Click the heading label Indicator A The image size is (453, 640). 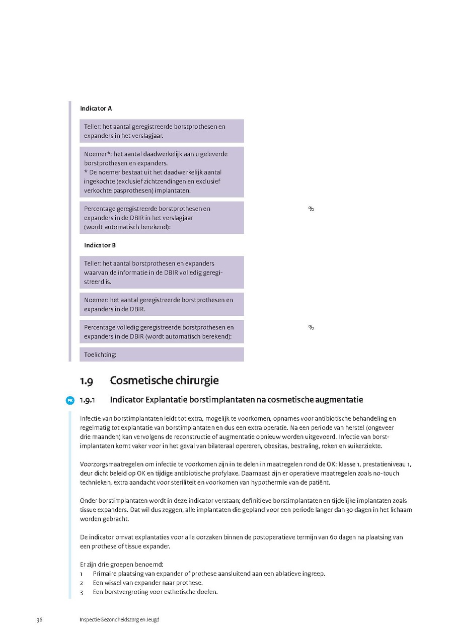[96, 108]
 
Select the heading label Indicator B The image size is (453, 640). [100, 245]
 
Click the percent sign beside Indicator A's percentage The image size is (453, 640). [311, 209]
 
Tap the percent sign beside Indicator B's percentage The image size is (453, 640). [311, 328]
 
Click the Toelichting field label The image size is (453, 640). [100, 354]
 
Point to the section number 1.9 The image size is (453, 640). [86, 381]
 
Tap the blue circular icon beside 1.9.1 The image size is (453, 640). [70, 400]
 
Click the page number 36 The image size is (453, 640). [39, 619]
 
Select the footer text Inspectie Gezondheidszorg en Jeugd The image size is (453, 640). [119, 619]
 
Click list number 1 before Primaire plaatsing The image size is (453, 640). [82, 574]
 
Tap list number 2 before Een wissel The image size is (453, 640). [82, 583]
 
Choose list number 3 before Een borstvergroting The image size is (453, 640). [82, 592]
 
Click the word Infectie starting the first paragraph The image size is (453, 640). [90, 418]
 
